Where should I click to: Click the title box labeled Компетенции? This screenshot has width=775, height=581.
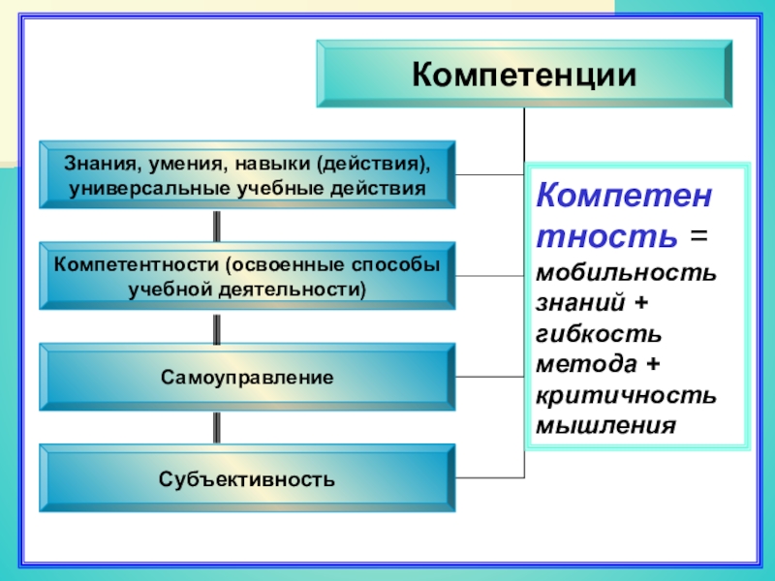click(x=524, y=74)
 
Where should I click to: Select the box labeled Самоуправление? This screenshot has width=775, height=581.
click(x=247, y=377)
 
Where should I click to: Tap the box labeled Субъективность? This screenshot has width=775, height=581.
click(x=247, y=478)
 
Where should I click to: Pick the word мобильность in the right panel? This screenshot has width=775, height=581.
click(x=626, y=271)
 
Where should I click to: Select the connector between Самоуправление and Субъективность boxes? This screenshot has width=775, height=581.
click(x=216, y=427)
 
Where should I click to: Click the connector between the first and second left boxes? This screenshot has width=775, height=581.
click(x=216, y=226)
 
